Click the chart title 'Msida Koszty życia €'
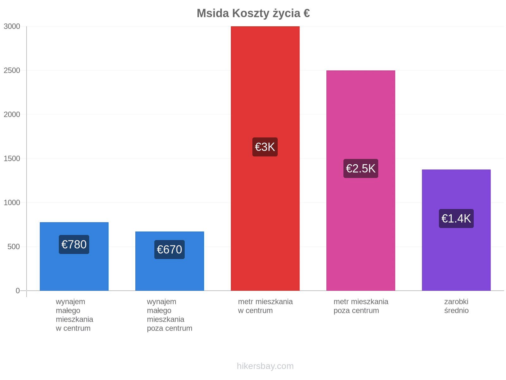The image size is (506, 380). (253, 13)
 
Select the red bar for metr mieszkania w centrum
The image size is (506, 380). (265, 158)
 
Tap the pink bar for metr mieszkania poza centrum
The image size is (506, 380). (361, 180)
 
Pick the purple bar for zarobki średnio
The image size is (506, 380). (456, 230)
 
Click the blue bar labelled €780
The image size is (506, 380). (74, 256)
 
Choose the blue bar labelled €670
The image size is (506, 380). (170, 261)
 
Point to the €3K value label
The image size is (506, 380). (265, 147)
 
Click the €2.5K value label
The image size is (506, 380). (361, 168)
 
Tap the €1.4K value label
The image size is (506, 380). (456, 218)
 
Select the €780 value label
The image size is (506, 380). (74, 244)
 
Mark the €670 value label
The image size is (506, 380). (170, 250)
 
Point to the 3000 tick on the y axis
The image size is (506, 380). (12, 26)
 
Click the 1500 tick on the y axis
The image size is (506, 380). (12, 159)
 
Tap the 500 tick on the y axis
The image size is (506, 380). (14, 247)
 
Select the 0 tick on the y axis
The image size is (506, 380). (18, 291)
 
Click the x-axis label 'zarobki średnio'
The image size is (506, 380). (456, 306)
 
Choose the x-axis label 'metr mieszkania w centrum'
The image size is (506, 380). (265, 306)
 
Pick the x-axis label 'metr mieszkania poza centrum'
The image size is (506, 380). (361, 306)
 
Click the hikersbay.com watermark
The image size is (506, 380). (265, 366)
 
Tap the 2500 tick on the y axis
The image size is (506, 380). (12, 70)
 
